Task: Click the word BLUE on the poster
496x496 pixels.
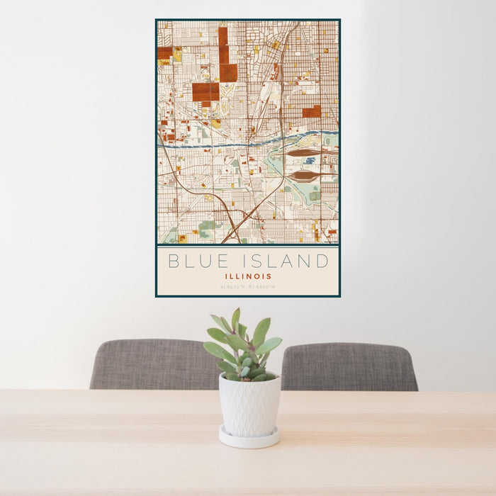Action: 196,261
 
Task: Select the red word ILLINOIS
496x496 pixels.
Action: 248,276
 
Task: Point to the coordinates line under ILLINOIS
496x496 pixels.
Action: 248,287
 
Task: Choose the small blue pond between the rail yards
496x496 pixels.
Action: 310,161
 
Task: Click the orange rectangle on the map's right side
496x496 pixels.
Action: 312,111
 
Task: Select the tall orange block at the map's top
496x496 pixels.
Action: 223,46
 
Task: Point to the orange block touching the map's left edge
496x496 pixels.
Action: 165,53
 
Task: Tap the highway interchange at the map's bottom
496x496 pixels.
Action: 234,225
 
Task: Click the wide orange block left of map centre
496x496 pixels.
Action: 205,92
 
